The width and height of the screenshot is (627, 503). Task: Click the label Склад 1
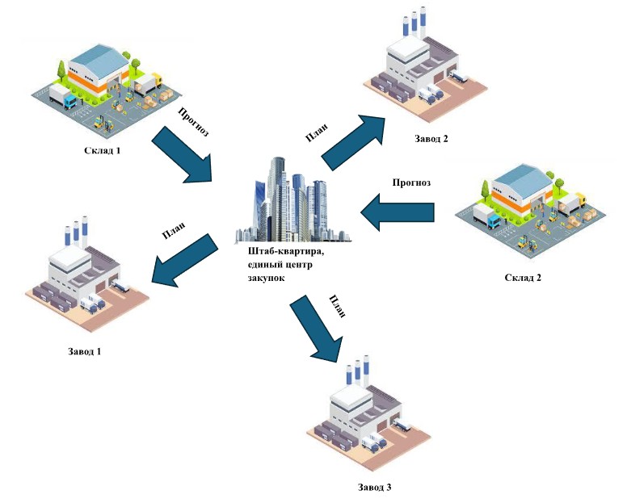tap(103, 150)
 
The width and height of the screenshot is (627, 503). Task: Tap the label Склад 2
tap(522, 278)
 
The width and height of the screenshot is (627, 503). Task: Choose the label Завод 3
tap(374, 487)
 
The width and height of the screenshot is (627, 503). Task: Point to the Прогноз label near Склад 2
tap(411, 182)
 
